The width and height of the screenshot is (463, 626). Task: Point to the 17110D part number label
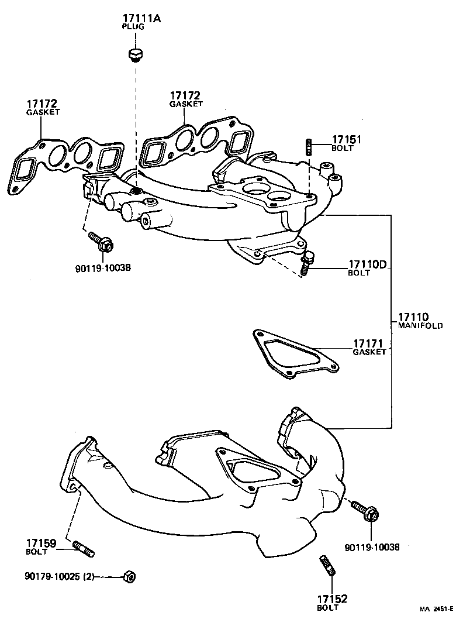tap(368, 264)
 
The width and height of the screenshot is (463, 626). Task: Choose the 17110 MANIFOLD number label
tap(414, 317)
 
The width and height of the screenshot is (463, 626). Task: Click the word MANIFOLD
tap(420, 325)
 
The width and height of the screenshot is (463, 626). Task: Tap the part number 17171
tap(369, 343)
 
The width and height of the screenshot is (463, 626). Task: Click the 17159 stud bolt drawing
tap(84, 549)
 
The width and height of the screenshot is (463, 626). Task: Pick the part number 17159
tap(40, 544)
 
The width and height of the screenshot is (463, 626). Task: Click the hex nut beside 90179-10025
tap(129, 576)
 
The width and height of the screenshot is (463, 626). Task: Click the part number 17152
tap(331, 599)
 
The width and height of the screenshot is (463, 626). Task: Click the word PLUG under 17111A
tap(133, 27)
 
